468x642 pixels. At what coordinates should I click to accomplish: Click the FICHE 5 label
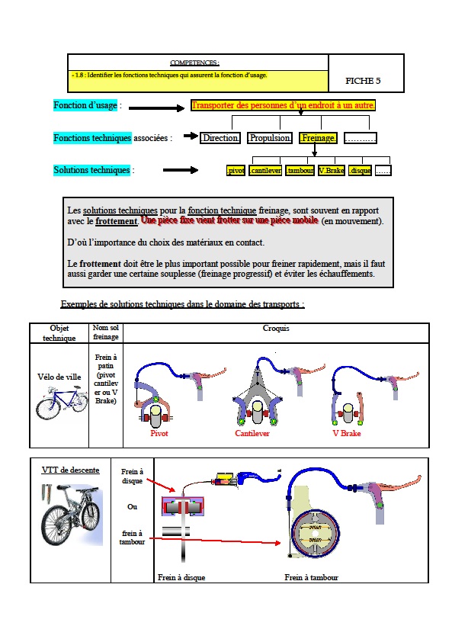coord(362,81)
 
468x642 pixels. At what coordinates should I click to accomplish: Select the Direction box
coord(220,138)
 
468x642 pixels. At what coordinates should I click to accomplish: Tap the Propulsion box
coord(270,138)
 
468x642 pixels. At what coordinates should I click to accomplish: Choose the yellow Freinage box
coord(318,138)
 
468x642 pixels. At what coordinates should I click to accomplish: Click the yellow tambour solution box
coord(300,171)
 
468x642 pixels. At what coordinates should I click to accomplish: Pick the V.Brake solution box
coord(332,171)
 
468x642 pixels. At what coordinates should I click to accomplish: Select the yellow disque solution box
coord(361,171)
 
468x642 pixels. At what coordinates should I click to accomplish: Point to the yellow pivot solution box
coord(236,171)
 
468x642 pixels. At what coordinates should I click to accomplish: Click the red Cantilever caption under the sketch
coord(252,433)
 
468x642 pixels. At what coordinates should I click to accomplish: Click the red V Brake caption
coord(346,432)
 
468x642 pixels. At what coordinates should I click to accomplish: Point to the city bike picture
coord(62,403)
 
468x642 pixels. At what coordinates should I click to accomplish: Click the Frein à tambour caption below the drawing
coord(311,577)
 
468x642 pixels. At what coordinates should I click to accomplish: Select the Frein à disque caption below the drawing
coord(181,577)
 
